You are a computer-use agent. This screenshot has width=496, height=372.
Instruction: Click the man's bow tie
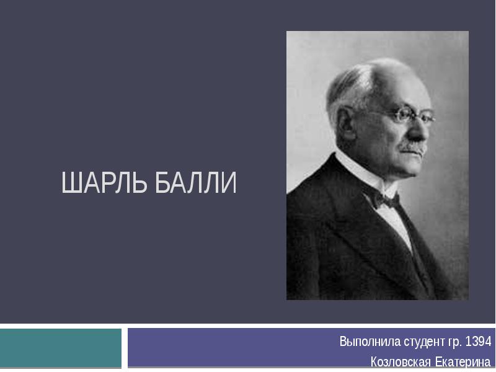point(383,200)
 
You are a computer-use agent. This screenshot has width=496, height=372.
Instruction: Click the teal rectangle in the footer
point(60,348)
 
